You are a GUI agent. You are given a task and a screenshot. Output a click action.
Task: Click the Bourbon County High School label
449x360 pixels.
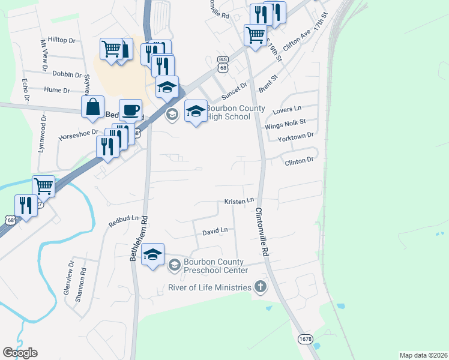click(x=228, y=112)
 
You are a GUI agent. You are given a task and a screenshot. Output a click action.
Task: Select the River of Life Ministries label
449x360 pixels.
click(x=209, y=287)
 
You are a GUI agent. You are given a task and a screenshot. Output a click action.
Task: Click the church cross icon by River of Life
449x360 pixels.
click(x=260, y=287)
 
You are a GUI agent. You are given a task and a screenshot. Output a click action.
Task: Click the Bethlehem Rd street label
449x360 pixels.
click(x=138, y=239)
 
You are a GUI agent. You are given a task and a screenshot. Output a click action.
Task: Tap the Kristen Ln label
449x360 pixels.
click(x=240, y=202)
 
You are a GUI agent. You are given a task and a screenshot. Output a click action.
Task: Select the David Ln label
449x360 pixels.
click(x=215, y=231)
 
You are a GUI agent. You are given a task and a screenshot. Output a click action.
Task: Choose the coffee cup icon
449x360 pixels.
click(x=130, y=110)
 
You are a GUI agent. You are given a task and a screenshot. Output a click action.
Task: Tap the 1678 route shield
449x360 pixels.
click(x=305, y=340)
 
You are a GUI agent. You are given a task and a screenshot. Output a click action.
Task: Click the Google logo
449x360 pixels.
click(x=20, y=353)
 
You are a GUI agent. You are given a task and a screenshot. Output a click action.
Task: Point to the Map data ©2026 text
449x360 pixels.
click(x=423, y=355)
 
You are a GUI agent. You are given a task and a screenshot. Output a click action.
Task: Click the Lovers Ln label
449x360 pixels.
click(x=286, y=109)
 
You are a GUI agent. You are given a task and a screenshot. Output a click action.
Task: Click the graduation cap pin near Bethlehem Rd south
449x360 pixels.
click(x=153, y=254)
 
